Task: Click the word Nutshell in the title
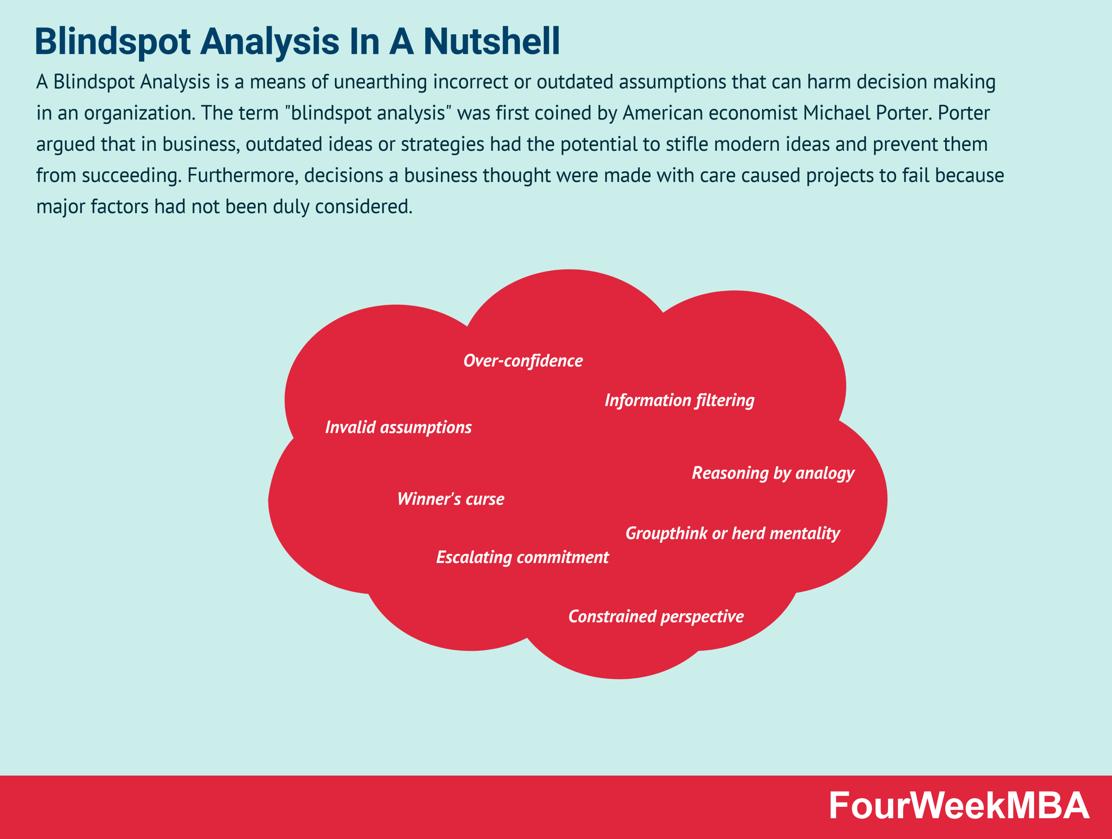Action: [x=491, y=41]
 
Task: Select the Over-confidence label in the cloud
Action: [x=523, y=361]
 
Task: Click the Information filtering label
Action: [x=679, y=400]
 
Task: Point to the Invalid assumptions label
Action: [x=398, y=427]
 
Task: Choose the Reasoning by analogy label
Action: [x=773, y=473]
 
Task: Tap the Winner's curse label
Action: [x=450, y=499]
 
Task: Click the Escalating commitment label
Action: [x=522, y=557]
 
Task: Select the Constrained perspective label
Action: [x=655, y=616]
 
